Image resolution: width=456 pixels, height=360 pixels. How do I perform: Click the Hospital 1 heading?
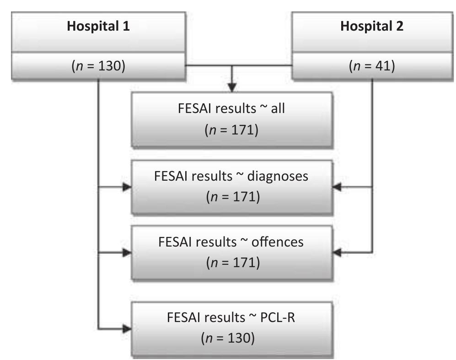[x=98, y=26]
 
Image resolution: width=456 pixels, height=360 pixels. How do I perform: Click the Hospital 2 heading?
[x=371, y=26]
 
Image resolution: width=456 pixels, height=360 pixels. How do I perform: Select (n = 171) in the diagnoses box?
[x=233, y=197]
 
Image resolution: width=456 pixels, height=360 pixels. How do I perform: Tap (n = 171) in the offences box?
[x=233, y=262]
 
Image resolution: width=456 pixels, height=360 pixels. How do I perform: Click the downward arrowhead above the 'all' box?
[x=233, y=86]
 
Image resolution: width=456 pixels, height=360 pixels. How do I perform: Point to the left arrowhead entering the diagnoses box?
[x=126, y=187]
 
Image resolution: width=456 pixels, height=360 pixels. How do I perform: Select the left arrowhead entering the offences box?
[x=126, y=252]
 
